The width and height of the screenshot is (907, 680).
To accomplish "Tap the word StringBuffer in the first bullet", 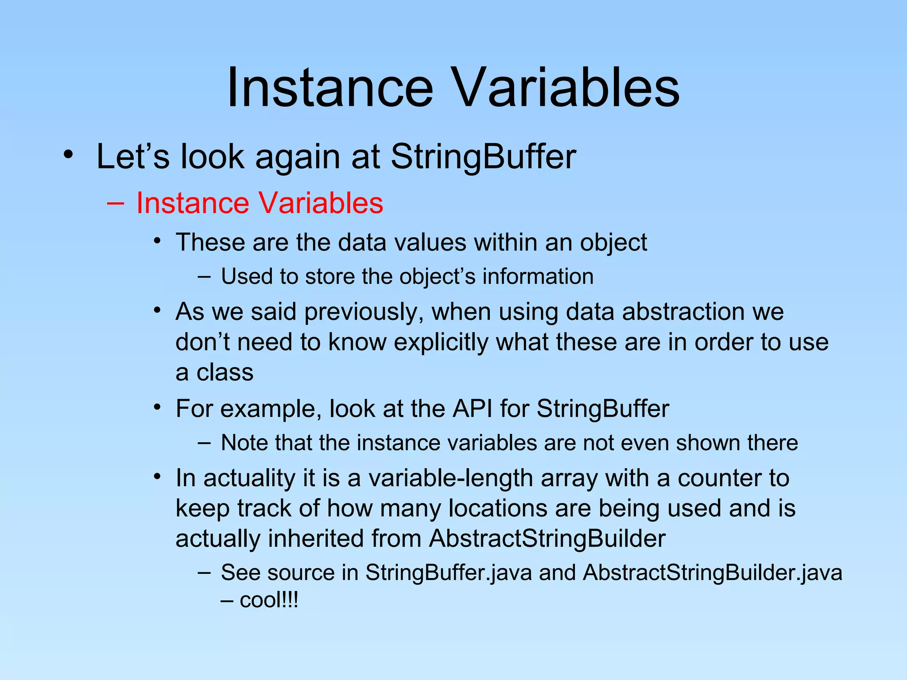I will pos(483,157).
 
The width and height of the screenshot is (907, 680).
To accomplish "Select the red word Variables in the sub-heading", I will pos(321,203).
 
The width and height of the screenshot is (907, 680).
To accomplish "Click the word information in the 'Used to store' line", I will pos(538,277).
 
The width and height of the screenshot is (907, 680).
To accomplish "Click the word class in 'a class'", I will pos(225,372).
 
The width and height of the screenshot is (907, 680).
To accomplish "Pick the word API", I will pos(472,408).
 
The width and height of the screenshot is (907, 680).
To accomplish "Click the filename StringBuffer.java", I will pos(448,572).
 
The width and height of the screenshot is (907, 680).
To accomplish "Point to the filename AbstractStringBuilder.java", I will pos(712,572).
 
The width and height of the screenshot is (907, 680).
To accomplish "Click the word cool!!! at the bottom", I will pos(269,601).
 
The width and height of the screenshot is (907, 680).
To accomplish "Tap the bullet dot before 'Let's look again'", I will pos(67,155).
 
